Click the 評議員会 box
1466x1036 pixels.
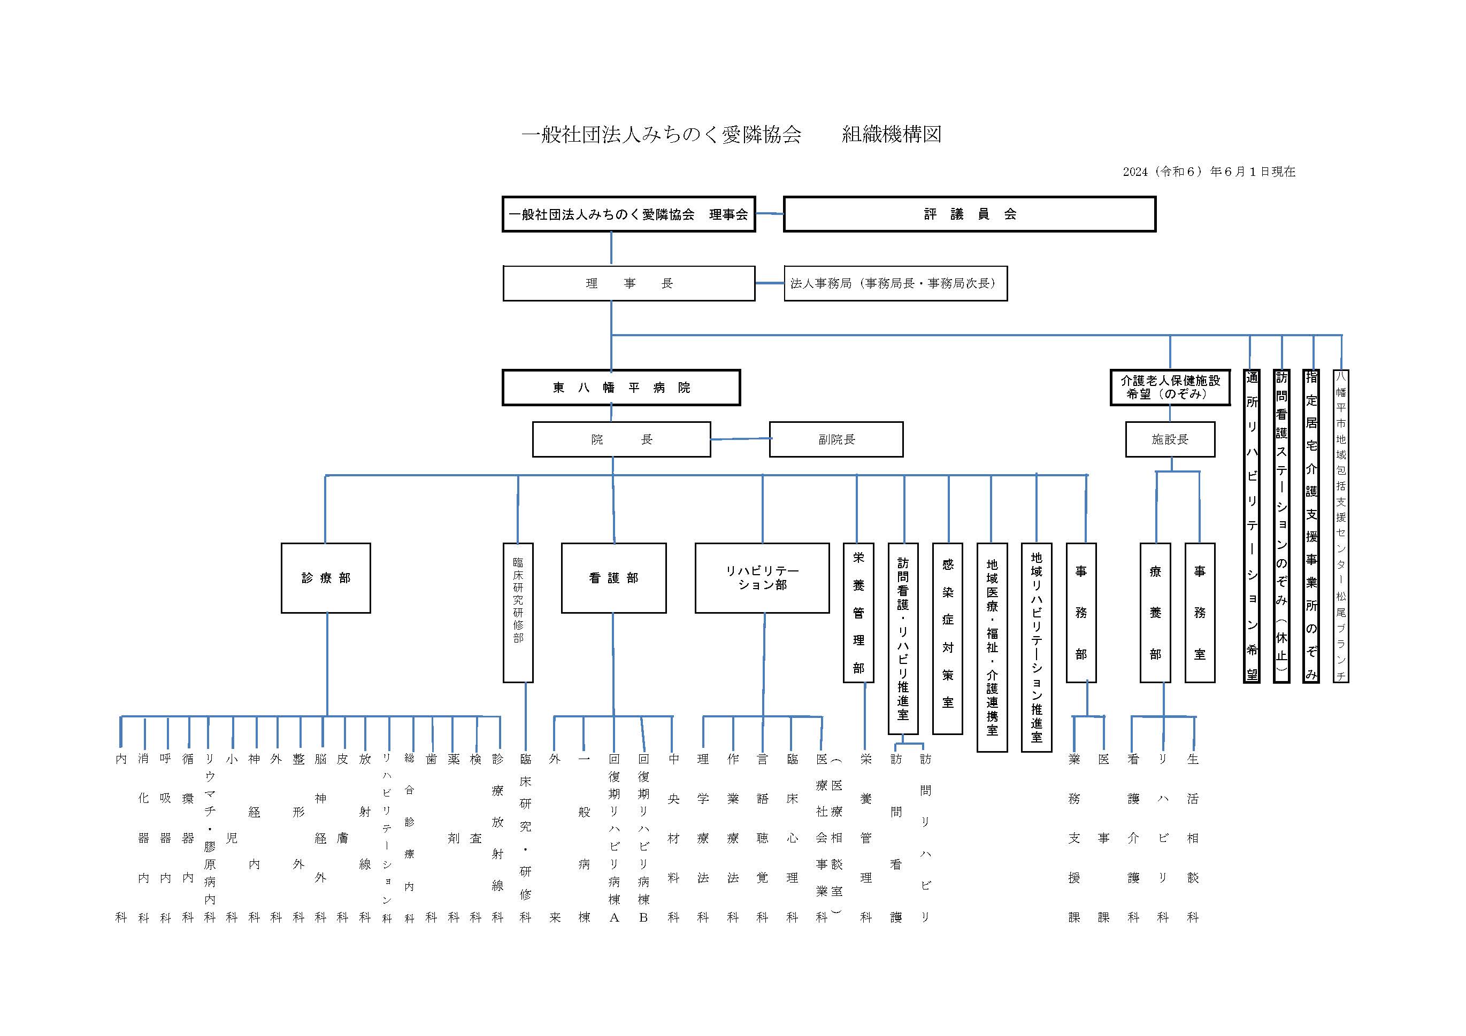coord(969,214)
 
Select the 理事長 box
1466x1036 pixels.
coord(629,283)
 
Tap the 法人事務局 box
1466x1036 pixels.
coord(895,283)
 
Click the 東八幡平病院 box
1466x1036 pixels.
coord(621,388)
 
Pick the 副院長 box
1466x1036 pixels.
coord(836,439)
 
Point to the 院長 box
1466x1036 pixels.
coord(621,439)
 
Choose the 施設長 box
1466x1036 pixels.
coord(1170,439)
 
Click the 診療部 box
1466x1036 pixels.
coord(326,578)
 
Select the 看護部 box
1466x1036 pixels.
coord(613,578)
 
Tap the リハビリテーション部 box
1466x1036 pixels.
coord(762,578)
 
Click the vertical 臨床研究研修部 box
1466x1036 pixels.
coord(518,612)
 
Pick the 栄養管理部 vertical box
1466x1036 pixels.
coord(858,612)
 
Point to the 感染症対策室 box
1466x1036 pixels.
coord(948,638)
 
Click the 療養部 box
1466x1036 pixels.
coord(1155,612)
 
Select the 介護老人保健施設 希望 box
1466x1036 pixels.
coord(1170,388)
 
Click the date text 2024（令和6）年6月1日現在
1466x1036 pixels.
coord(1209,172)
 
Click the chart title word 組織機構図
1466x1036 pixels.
coord(892,134)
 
